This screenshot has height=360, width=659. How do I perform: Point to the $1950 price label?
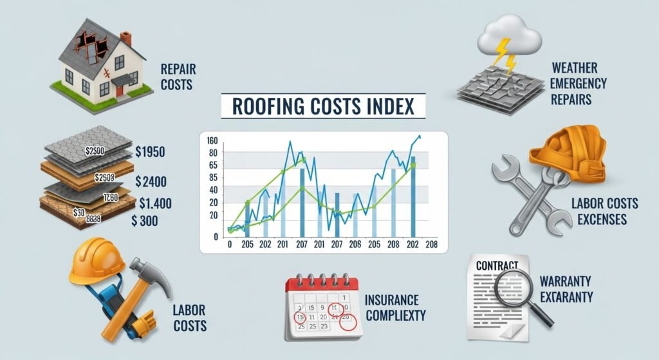(151, 153)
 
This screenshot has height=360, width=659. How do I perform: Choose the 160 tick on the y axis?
(213, 141)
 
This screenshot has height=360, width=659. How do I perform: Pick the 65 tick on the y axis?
(213, 166)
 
